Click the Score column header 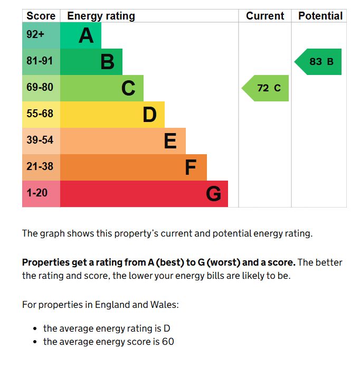coord(41,16)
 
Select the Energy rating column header coord(101,16)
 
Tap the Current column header coord(265,16)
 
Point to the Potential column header coord(320,16)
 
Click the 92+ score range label coord(35,34)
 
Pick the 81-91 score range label coord(40,61)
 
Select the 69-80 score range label coord(40,87)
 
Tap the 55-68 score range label coord(40,114)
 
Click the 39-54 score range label coord(40,140)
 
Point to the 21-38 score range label coord(40,166)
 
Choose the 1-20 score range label coord(37,193)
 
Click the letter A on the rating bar coord(86,35)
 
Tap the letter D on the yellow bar coord(149,115)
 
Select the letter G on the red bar coord(213,193)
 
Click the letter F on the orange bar coord(191,167)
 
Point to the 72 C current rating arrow coord(265,88)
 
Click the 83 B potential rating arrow coord(318,62)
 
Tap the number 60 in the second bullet coord(168,342)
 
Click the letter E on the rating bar coord(170,141)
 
